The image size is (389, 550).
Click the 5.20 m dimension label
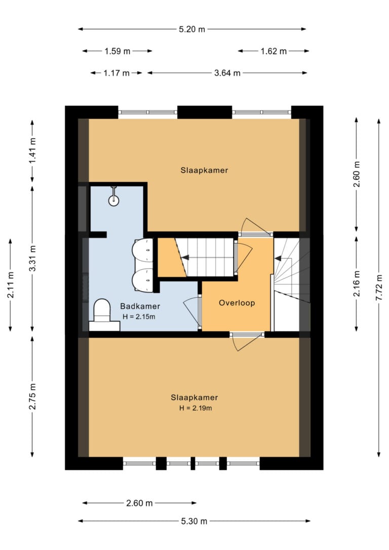point(192,29)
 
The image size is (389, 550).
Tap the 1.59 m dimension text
point(117,51)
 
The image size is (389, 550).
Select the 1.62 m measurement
point(274,51)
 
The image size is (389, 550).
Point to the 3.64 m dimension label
point(227,73)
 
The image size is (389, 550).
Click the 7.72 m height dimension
point(379,288)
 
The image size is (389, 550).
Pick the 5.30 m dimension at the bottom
point(194,521)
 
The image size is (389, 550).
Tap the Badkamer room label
point(140,306)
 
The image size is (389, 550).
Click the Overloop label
point(237,303)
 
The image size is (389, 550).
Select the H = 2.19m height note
point(196,408)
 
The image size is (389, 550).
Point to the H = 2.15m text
point(139,317)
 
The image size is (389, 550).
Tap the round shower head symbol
point(113,200)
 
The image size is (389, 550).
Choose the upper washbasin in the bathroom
point(143,249)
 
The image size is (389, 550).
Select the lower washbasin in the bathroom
point(143,280)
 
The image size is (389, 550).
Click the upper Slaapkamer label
point(204,171)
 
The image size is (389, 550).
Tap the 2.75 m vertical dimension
point(32,397)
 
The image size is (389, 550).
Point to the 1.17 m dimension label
point(116,73)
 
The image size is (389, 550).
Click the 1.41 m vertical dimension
point(32,151)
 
